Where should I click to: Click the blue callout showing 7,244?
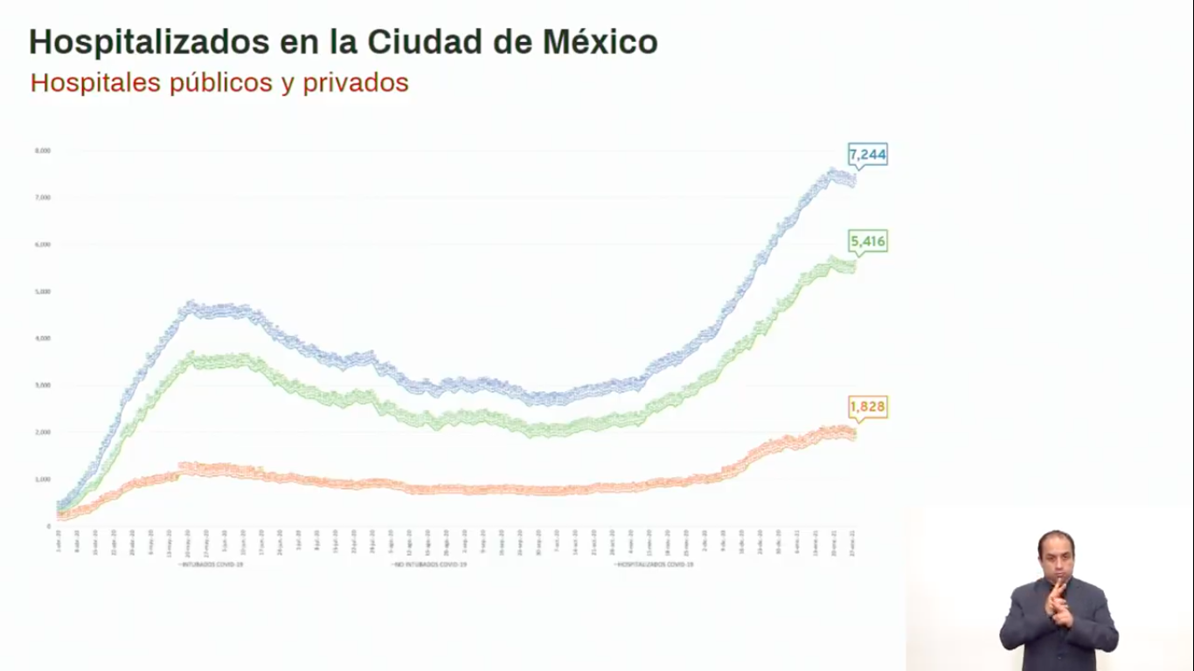[867, 155]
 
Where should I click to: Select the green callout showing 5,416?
[867, 241]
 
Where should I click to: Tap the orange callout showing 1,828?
[867, 407]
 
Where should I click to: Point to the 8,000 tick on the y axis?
[43, 151]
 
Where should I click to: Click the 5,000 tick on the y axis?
[43, 292]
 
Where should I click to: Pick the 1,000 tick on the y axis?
[43, 480]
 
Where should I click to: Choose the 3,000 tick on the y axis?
[43, 385]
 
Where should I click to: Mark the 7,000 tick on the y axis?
[43, 198]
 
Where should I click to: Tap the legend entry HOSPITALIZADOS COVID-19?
[655, 565]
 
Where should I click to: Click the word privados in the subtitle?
[356, 83]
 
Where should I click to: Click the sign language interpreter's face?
[1056, 556]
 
